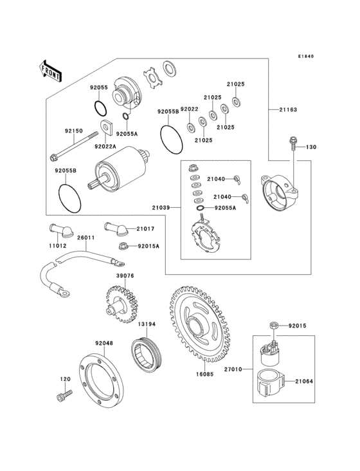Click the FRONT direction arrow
pyautogui.click(x=51, y=71)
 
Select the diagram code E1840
pyautogui.click(x=305, y=56)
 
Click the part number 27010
pyautogui.click(x=232, y=370)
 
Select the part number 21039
pyautogui.click(x=161, y=208)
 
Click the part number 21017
pyautogui.click(x=146, y=228)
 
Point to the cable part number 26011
pyautogui.click(x=85, y=238)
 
